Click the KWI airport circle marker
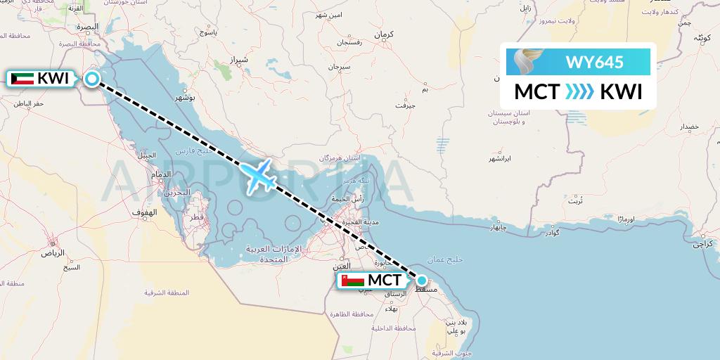pos(92,79)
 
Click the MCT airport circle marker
pos(421,279)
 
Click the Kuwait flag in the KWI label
pos(23,79)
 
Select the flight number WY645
pos(594,62)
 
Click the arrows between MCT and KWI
pos(579,92)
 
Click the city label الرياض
pos(52,252)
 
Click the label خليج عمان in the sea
pos(466,259)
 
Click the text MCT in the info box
pos(537,92)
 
